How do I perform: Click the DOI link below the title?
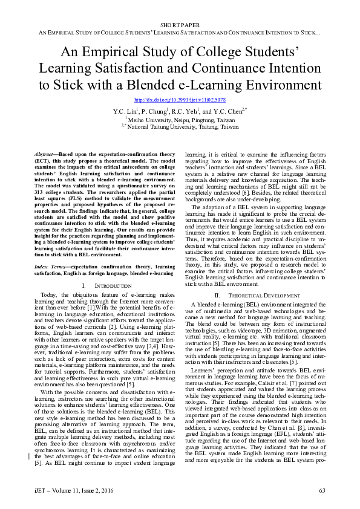[x=180, y=99]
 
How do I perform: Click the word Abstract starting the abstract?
[x=44, y=155]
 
